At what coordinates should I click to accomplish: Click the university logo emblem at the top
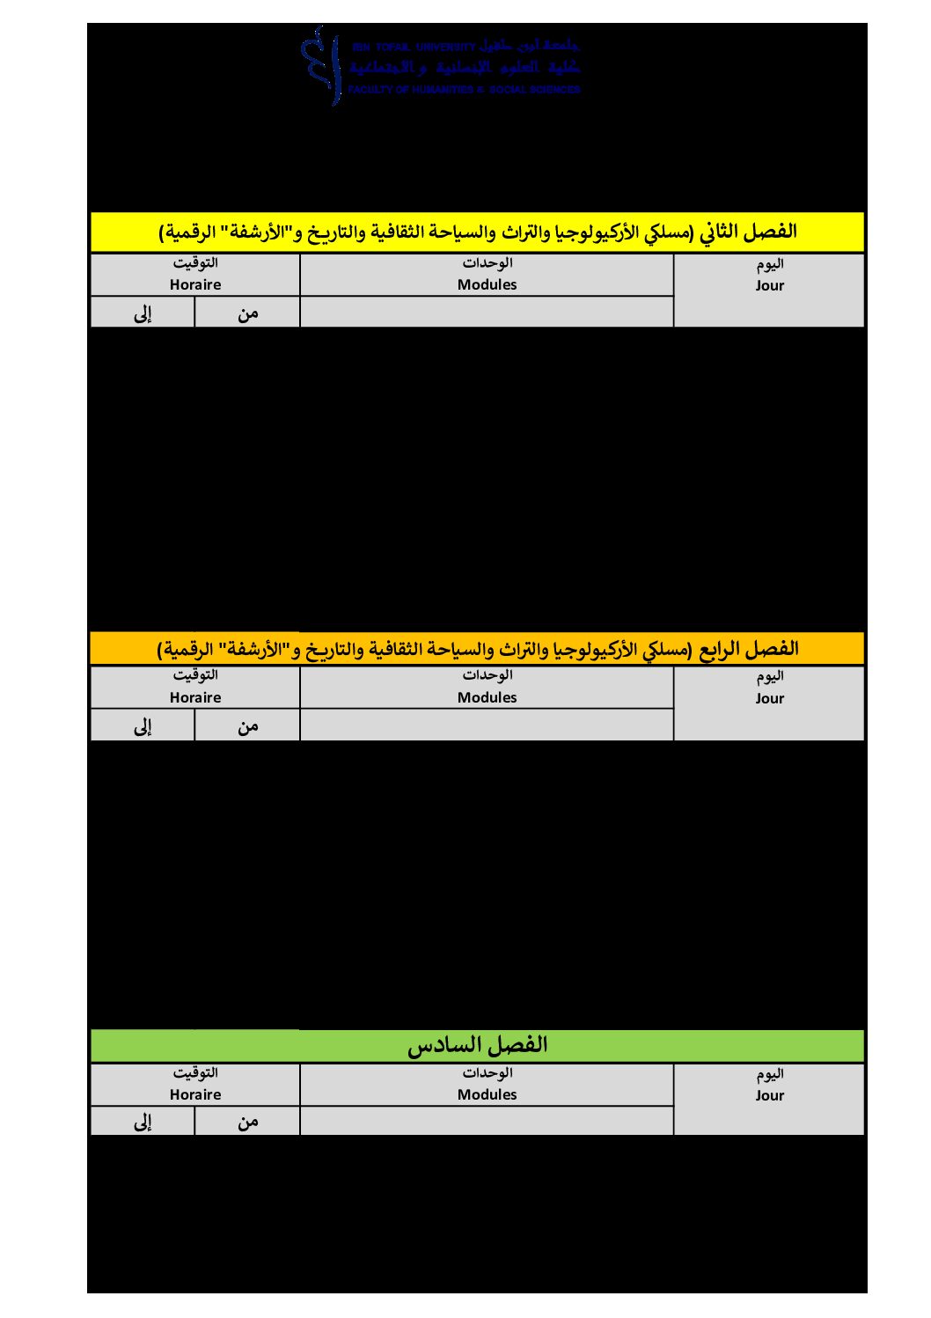pos(322,65)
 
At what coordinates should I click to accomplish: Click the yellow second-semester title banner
pos(477,232)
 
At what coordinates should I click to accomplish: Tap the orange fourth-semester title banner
pos(477,649)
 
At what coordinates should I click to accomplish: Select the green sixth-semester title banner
pos(477,1045)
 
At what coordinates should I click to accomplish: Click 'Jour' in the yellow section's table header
pos(769,285)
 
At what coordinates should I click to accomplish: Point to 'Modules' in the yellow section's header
pos(487,284)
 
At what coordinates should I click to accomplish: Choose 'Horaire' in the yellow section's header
pos(195,284)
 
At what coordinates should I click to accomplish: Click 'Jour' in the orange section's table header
pos(769,698)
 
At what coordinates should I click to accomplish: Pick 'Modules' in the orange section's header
pos(487,697)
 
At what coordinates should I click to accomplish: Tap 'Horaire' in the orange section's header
pos(195,697)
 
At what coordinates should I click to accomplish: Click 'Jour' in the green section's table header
pos(769,1095)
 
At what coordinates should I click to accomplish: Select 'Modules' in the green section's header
pos(487,1094)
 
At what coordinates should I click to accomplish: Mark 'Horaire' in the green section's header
pos(195,1094)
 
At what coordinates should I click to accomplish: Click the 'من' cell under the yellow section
pos(247,313)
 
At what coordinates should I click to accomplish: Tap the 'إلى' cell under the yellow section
pos(143,313)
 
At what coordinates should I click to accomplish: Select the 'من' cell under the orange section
pos(247,725)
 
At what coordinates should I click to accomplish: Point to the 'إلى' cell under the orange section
pos(143,725)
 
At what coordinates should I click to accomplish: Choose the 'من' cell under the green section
pos(247,1121)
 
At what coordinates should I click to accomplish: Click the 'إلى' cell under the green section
pos(143,1121)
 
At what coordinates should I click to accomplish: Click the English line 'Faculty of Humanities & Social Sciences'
pos(464,90)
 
